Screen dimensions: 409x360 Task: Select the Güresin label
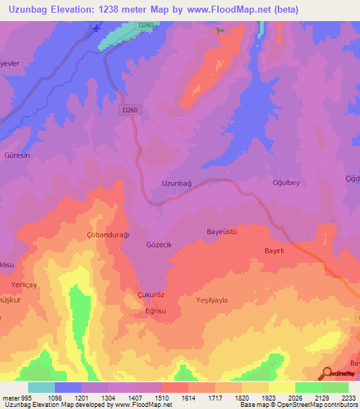(17, 155)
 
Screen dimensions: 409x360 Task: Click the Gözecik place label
(157, 243)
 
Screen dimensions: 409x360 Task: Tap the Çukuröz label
(151, 296)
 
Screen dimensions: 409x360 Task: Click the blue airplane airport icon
(96, 26)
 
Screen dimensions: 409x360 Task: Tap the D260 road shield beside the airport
(146, 25)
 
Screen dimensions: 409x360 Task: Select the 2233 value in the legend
(348, 398)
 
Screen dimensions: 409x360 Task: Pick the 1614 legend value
(188, 398)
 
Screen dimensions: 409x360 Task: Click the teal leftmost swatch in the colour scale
(41, 387)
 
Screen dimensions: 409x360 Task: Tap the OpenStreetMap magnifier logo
(326, 373)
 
